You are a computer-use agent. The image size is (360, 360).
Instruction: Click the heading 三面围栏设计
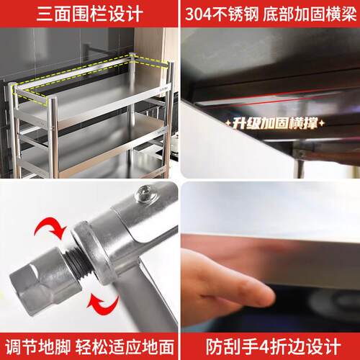pos(90,14)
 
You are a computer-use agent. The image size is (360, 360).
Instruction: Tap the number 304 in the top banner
pos(199,14)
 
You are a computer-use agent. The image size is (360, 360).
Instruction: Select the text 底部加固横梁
pos(310,14)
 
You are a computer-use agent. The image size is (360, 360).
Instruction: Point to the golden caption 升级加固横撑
pos(275,123)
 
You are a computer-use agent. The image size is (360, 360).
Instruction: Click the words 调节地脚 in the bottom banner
pos(38,347)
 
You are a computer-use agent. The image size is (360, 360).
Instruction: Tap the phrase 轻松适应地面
pos(125,347)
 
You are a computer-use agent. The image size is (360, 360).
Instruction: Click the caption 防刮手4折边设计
pos(273,346)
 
